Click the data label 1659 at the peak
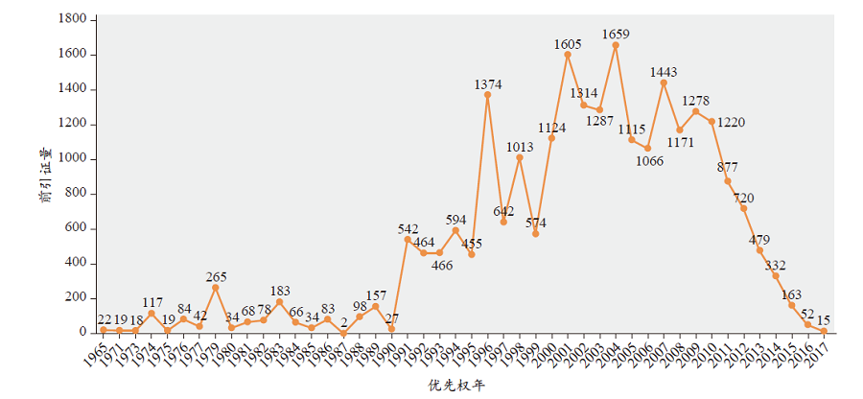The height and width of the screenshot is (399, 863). point(616,35)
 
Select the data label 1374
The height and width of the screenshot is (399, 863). point(488,85)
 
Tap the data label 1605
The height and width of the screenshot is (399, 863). point(568,44)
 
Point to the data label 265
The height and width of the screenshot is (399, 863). point(216,277)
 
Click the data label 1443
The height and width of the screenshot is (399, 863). point(664,72)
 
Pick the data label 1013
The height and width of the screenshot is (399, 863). point(520,147)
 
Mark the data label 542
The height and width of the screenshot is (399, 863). point(408,229)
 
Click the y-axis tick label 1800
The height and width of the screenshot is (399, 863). point(74,19)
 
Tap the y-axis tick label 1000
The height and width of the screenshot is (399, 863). point(74,158)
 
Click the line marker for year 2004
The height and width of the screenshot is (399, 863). point(616,45)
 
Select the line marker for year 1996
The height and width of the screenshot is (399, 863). point(487,95)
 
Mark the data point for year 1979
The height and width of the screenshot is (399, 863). point(216,287)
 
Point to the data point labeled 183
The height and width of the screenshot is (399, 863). point(279,301)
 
